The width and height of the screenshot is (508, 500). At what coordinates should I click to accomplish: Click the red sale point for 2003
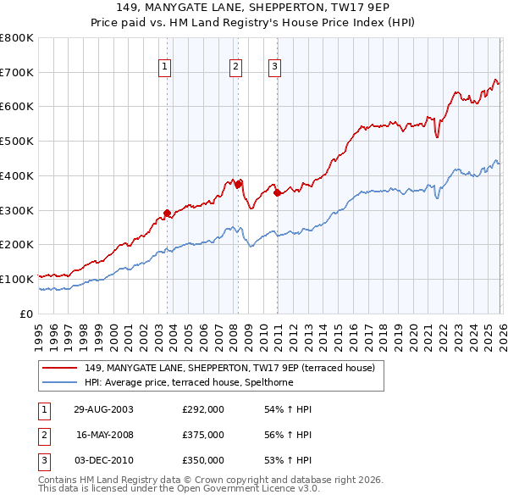[167, 213]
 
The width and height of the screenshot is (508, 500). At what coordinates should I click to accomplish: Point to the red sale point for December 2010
[277, 192]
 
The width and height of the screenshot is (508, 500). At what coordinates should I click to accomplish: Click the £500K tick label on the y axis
[17, 142]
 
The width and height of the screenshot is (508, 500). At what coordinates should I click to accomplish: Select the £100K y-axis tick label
[17, 279]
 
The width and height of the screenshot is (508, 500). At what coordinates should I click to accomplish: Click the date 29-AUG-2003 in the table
[103, 409]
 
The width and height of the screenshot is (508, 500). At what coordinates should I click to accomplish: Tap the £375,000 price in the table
[203, 435]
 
